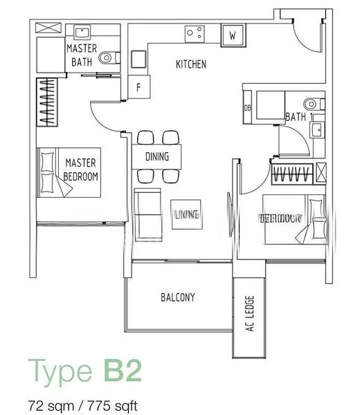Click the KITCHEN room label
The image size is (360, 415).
coord(190,64)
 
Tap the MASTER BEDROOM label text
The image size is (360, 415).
coord(81,169)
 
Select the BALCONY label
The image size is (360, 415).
coord(177,297)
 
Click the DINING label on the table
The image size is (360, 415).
coord(157,157)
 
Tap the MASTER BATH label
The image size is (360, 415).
coord(82,55)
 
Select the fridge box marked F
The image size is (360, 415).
coord(138,88)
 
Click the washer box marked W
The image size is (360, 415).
coord(233,35)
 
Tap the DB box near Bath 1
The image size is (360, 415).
coord(248,108)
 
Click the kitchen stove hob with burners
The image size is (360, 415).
coord(194,33)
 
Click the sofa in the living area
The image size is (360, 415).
coord(145,214)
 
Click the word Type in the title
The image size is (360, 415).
coord(58,372)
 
